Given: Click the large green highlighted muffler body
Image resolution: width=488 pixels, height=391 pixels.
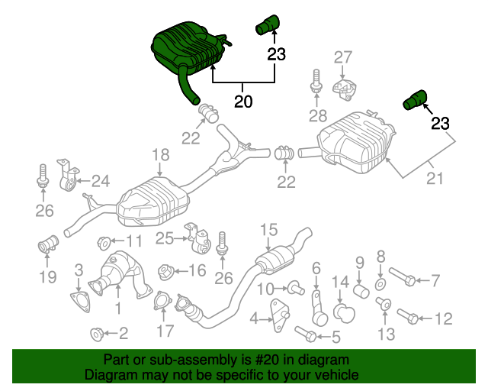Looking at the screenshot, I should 187,48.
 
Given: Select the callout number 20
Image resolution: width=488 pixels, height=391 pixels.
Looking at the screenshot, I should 242,100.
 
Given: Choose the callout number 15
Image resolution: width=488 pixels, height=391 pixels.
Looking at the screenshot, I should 268,229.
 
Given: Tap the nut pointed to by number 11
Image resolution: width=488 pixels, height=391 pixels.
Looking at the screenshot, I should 104,243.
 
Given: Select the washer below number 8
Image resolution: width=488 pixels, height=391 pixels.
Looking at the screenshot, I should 382,283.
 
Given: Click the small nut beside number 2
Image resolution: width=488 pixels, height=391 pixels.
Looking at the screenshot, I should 97,333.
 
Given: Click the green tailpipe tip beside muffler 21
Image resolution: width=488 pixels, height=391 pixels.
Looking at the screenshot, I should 416,99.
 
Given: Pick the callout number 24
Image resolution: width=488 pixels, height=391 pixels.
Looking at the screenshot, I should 100,181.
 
